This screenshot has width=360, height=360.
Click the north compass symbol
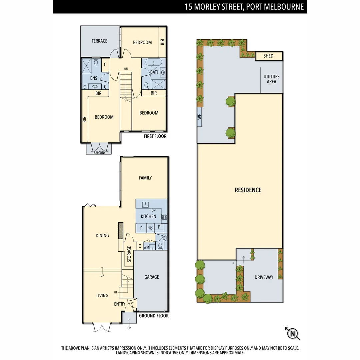[x=293, y=333]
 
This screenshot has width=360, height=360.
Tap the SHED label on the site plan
[x=268, y=56]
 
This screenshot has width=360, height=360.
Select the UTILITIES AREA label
[x=271, y=79]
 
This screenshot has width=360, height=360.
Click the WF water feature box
[x=200, y=117]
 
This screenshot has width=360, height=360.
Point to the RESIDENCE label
[x=248, y=190]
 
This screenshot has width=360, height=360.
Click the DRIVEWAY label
[x=264, y=277]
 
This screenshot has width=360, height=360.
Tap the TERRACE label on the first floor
[x=99, y=41]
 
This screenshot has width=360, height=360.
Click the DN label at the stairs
[x=126, y=69]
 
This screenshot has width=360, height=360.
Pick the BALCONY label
[x=99, y=153]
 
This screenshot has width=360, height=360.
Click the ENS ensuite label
[x=94, y=78]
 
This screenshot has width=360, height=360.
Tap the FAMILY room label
[x=145, y=178]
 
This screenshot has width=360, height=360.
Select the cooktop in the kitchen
[x=164, y=217]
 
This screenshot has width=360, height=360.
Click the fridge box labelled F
[x=141, y=228]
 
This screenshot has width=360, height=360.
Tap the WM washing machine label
[x=146, y=247]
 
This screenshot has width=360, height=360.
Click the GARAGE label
[x=151, y=277]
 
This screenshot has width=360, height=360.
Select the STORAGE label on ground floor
[x=129, y=254]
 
